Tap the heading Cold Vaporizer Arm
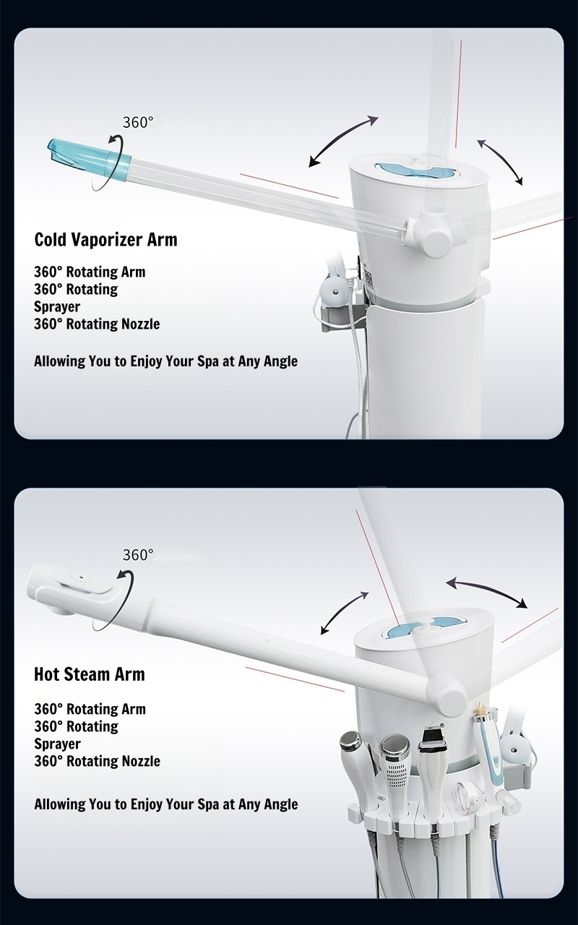coord(105,239)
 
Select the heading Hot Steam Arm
coord(90,674)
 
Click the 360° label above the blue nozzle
coord(138,122)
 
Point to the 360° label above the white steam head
coord(138,555)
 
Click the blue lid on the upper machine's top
coord(415,170)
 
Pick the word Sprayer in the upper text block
coord(57,307)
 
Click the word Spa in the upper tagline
coord(212,361)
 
